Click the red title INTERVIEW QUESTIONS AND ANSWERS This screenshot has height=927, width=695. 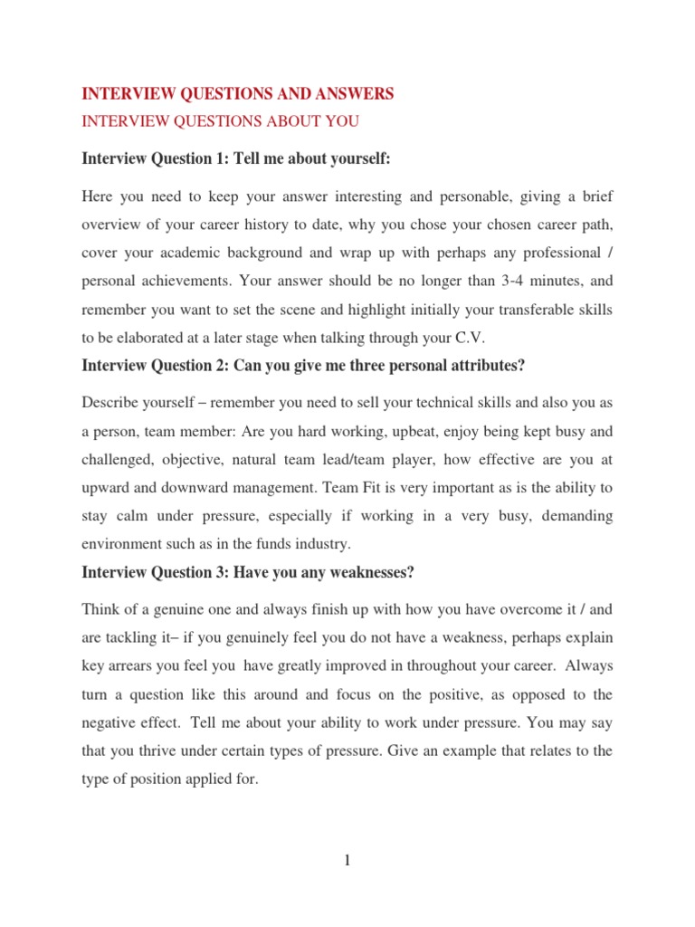pyautogui.click(x=238, y=93)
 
